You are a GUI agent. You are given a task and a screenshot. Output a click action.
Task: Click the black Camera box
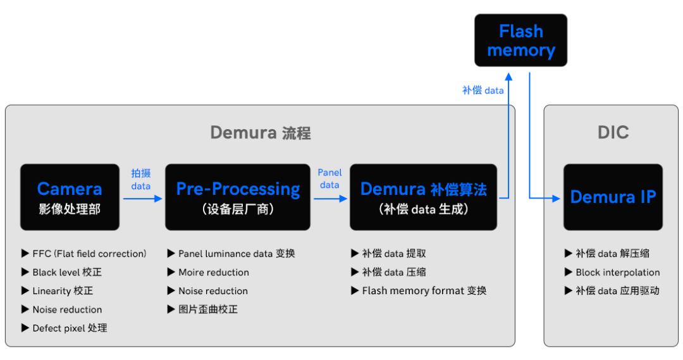tap(70, 197)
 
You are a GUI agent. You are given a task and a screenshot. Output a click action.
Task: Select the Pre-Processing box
tap(238, 197)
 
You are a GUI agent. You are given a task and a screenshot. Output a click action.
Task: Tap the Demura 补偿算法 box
tap(423, 197)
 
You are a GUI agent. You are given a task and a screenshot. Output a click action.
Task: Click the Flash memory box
tap(520, 40)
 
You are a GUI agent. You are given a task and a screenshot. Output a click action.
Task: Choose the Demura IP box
tap(613, 197)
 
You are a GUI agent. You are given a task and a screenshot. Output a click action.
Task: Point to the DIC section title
tap(612, 133)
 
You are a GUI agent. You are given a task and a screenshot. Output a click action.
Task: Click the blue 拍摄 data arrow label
tap(140, 179)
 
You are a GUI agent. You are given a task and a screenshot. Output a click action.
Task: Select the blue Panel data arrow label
tap(329, 178)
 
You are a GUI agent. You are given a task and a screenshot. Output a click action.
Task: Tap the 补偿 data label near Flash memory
tap(483, 90)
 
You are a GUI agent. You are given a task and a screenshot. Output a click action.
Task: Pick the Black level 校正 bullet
tap(63, 273)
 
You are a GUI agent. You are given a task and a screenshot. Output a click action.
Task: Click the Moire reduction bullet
tap(208, 273)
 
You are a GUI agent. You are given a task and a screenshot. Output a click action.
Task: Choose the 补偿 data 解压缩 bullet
tap(606, 254)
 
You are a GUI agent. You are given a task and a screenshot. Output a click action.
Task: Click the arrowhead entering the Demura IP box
tap(557, 199)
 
